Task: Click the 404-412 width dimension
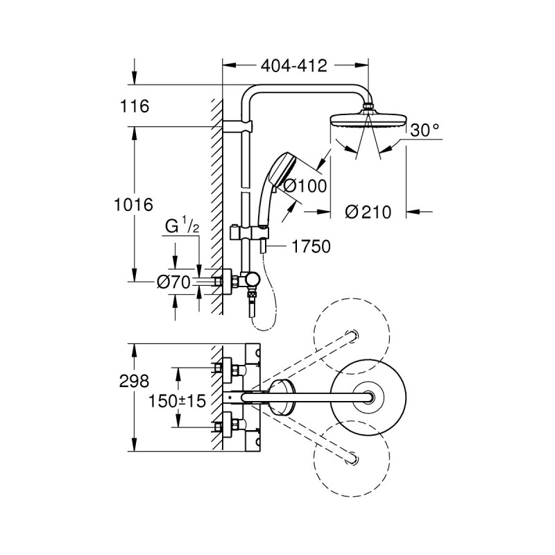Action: [294, 67]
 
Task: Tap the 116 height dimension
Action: [135, 107]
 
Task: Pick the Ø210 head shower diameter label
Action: [368, 212]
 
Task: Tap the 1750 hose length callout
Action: [311, 245]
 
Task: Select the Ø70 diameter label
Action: [173, 282]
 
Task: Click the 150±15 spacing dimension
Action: [177, 401]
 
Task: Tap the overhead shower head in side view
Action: [364, 120]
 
